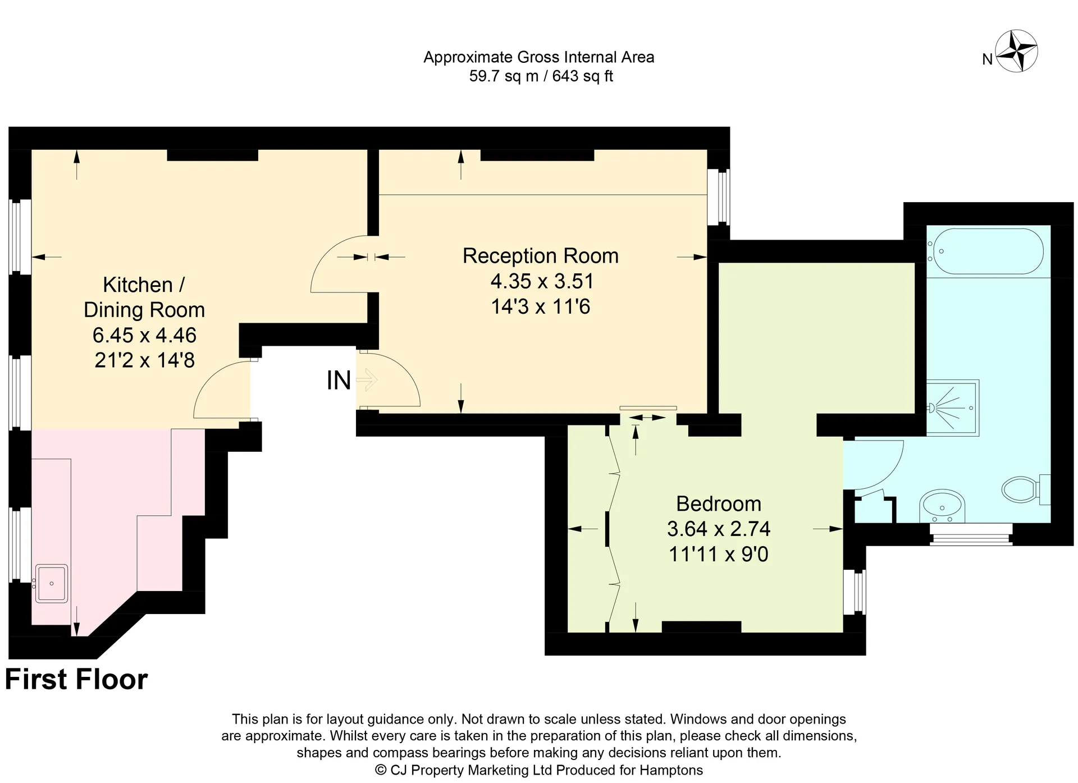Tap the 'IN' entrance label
click(x=339, y=381)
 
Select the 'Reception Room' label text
click(x=540, y=256)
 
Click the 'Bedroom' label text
click(x=719, y=503)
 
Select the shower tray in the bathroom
click(x=952, y=408)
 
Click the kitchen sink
click(x=52, y=584)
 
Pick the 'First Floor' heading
click(x=76, y=679)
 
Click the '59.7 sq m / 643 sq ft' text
click(x=541, y=76)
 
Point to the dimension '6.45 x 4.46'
click(x=144, y=335)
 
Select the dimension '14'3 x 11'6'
click(x=540, y=306)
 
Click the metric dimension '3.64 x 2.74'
click(x=719, y=529)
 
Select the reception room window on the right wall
click(x=718, y=197)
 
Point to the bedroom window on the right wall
click(x=855, y=592)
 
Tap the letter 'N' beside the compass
click(x=988, y=59)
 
